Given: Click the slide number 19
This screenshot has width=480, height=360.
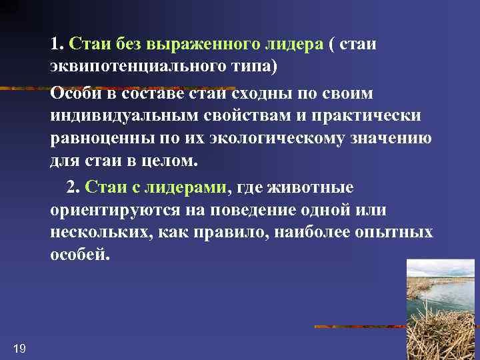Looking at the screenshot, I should click(x=19, y=348).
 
